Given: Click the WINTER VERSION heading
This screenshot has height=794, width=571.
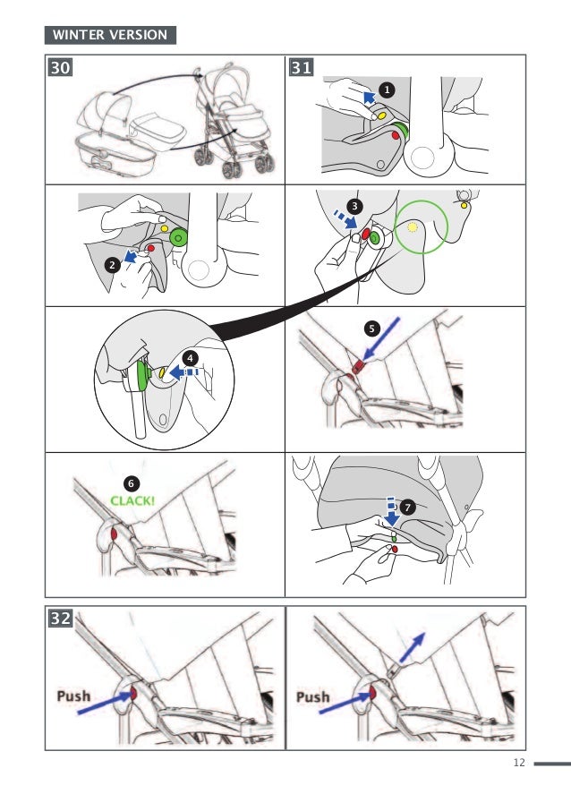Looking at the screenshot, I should point(110,35).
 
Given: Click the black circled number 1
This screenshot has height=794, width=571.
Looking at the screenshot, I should point(386,90).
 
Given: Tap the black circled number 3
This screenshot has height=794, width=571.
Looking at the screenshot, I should point(355,206).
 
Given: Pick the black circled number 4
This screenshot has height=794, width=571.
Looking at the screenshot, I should point(190,356).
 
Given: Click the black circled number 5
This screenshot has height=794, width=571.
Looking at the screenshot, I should point(372,329).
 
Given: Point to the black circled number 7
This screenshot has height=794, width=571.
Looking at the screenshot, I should point(408,507).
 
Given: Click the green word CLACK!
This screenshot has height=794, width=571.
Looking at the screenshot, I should point(132,500).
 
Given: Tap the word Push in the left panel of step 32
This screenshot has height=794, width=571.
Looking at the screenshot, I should point(73,696).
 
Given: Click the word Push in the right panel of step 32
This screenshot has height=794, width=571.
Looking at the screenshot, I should point(313,696).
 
